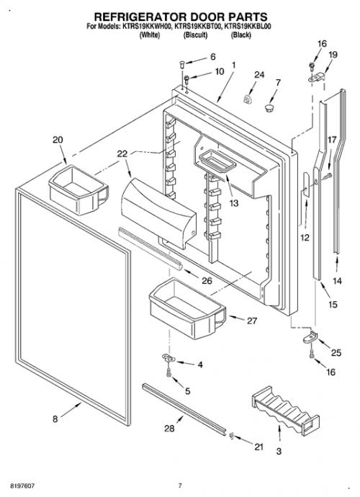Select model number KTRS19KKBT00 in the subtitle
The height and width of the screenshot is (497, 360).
tap(198, 27)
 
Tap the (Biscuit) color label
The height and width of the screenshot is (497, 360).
tap(196, 35)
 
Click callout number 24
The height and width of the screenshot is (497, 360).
tap(259, 75)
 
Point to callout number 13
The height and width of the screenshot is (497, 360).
tap(233, 203)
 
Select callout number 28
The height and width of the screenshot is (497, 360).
tap(169, 429)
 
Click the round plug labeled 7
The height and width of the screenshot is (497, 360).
tap(269, 108)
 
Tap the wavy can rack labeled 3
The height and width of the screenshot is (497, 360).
tap(285, 410)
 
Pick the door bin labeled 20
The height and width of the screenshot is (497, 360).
tap(78, 189)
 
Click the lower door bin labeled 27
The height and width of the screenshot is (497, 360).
tap(187, 308)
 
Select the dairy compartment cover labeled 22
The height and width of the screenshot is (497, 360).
tap(158, 213)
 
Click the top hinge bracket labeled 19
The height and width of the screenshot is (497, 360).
tap(317, 77)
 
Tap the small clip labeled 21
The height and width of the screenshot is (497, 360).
tap(231, 436)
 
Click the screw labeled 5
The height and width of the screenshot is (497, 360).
tap(168, 372)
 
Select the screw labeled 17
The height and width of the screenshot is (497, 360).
tap(328, 176)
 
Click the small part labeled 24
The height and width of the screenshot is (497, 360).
tap(247, 99)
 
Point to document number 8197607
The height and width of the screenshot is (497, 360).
tap(22, 485)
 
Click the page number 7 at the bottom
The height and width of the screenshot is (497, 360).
tap(180, 485)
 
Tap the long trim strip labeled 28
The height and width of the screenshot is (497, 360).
tap(184, 409)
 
